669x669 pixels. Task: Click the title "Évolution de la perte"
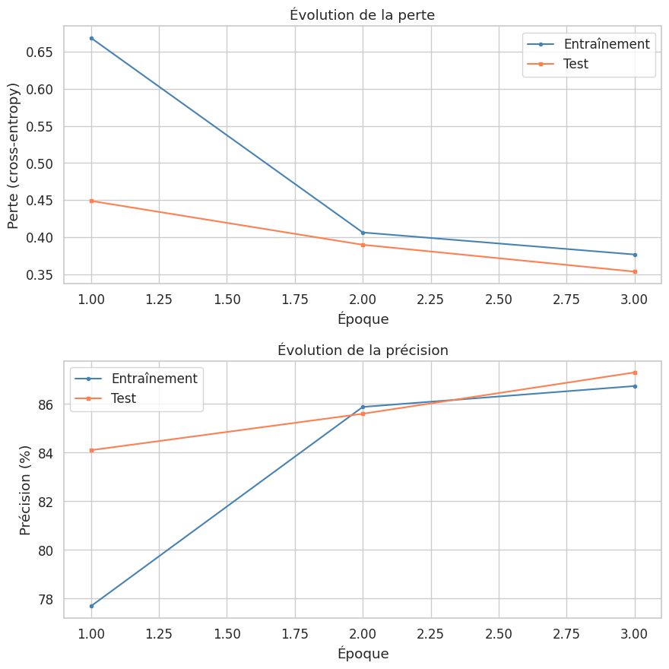362,14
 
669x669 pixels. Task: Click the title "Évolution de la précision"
362,350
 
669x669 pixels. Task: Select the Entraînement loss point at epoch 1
91,38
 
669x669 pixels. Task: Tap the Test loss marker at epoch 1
91,201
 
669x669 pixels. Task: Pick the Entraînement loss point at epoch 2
363,233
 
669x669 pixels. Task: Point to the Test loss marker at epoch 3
634,271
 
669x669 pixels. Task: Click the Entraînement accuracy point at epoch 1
91,606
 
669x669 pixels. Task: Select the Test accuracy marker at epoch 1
91,450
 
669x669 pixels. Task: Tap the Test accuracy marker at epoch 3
634,373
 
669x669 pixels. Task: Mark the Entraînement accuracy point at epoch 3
634,386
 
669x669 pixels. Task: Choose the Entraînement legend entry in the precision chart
154,379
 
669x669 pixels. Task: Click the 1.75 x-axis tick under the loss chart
294,300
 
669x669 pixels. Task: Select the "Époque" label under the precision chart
363,654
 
